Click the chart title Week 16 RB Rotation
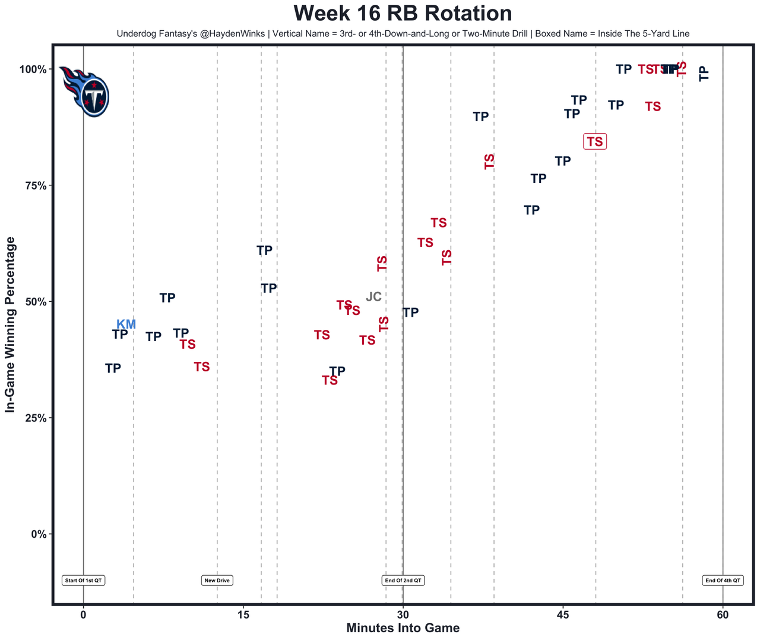[403, 14]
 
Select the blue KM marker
[126, 324]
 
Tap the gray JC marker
[373, 297]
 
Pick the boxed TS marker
[595, 142]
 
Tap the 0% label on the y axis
[37, 534]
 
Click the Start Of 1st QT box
[83, 581]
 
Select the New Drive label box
[217, 581]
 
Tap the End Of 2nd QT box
[403, 581]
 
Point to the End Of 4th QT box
[723, 581]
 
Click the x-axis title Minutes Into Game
[403, 628]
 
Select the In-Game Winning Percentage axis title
[10, 324]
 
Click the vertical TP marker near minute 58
[704, 74]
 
